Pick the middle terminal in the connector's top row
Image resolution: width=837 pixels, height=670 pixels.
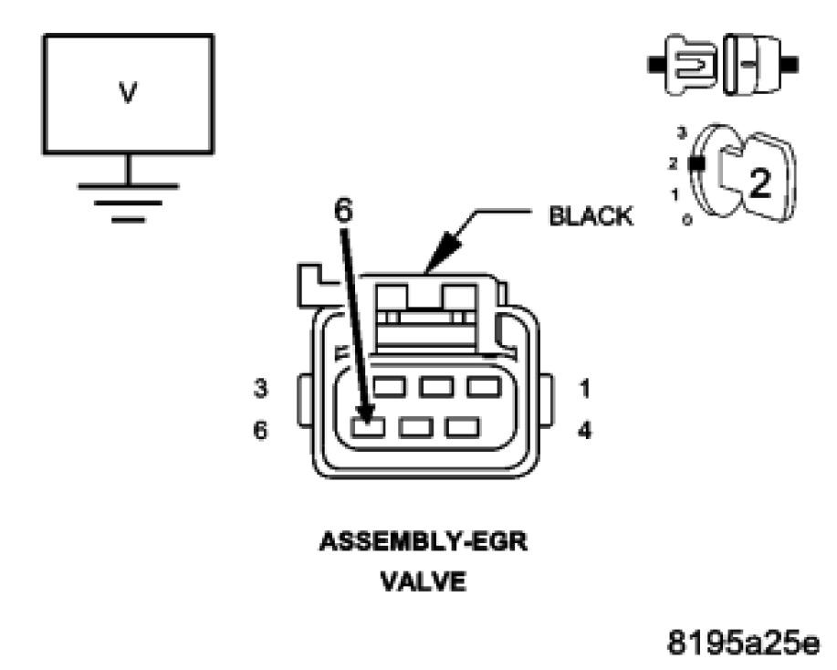pos(434,387)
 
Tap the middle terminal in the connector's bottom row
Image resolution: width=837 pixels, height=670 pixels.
pos(416,426)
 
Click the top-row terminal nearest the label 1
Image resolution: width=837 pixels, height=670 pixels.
pos(483,387)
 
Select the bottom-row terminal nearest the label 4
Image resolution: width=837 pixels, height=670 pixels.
pos(462,426)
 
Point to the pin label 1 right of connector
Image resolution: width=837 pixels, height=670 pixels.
pos(585,390)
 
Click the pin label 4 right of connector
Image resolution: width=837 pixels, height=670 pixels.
pos(585,429)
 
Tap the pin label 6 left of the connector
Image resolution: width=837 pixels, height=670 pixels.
pos(261,429)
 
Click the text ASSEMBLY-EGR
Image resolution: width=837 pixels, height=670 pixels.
pos(422,542)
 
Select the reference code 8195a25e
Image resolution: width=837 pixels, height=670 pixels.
pos(743,636)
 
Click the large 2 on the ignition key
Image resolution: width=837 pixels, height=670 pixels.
pos(759,182)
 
